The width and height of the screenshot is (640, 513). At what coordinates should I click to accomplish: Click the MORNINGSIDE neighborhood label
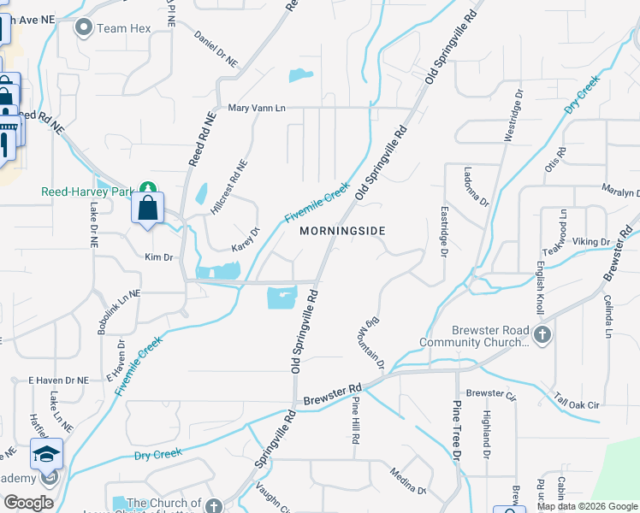click(x=342, y=231)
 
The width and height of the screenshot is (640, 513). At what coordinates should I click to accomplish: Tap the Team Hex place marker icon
click(x=84, y=28)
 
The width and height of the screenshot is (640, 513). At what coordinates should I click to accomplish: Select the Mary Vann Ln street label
click(x=257, y=108)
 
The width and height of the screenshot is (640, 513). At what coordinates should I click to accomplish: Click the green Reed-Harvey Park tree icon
click(x=148, y=187)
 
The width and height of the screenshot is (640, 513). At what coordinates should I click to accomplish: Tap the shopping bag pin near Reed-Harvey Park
click(x=148, y=207)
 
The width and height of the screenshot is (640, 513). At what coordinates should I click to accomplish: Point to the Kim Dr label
click(x=159, y=256)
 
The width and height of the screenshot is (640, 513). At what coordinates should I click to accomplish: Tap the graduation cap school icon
click(x=46, y=454)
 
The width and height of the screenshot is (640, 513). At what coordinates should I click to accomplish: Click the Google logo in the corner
click(x=28, y=503)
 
